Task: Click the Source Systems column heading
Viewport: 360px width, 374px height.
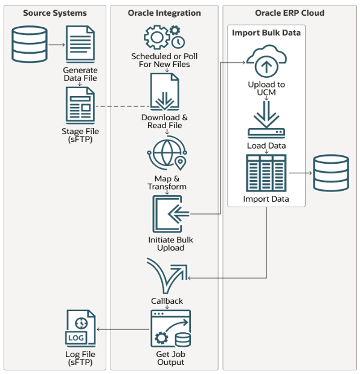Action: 55,13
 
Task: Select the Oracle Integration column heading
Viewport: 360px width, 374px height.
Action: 164,13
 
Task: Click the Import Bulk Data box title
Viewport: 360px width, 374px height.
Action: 266,33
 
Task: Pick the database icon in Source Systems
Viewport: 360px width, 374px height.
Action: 30,44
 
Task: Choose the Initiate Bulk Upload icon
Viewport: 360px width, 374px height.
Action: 170,214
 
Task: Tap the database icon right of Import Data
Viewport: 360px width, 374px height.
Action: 331,173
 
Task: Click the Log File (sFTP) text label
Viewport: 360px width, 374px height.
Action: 80,358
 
